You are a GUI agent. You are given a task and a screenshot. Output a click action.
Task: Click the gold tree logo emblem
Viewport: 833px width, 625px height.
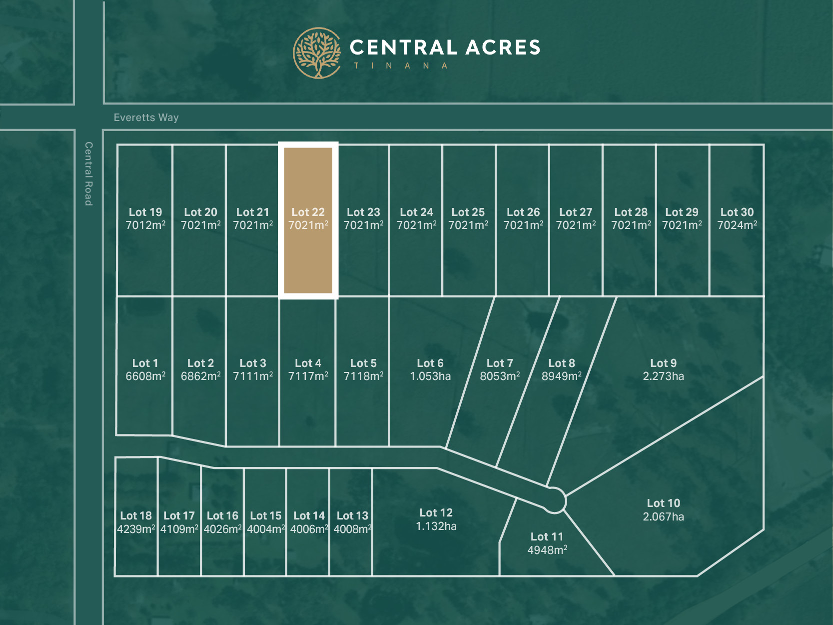(317, 53)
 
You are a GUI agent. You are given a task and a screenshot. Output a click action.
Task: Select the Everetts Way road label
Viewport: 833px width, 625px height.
(146, 117)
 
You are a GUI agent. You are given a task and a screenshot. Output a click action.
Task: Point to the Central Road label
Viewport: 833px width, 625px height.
(88, 173)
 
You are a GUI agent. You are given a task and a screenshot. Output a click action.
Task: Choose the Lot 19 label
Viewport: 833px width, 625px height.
(145, 212)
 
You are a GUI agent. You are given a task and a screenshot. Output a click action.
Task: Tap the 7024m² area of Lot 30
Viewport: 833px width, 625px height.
(737, 225)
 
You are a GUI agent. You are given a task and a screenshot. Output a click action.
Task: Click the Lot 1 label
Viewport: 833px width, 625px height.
(145, 363)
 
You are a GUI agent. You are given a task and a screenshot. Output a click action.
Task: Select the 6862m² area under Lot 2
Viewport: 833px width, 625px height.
(200, 376)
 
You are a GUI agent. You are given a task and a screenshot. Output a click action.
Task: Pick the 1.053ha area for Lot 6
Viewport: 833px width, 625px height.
(430, 376)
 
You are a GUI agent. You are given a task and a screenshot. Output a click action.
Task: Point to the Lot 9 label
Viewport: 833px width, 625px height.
(663, 363)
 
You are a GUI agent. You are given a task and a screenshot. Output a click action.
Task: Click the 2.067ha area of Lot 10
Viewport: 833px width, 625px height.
(663, 517)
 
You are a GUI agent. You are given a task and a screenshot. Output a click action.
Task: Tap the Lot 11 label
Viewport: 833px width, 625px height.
(547, 536)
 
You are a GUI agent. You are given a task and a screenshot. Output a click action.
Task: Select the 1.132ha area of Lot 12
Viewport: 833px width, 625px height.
(436, 526)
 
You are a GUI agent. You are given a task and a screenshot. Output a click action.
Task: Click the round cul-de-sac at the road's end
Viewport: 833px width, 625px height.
(554, 500)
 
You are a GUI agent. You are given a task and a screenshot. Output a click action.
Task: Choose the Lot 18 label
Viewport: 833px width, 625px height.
(136, 515)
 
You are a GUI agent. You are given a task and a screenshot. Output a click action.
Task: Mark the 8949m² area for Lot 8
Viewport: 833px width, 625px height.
(562, 376)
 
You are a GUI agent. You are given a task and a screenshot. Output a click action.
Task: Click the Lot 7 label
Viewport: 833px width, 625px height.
(500, 363)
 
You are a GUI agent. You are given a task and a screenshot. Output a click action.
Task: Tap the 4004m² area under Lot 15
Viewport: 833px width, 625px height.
(266, 529)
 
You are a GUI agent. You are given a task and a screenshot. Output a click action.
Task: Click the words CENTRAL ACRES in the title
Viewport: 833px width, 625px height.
(445, 47)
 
